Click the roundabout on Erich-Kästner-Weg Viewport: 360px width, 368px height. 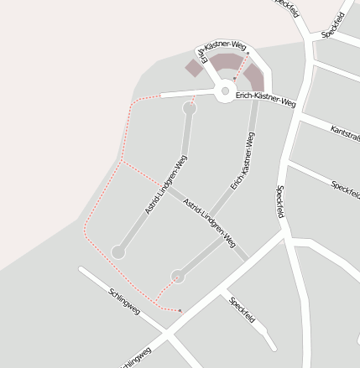click(x=225, y=92)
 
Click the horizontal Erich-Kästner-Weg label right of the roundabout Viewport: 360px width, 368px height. click(x=266, y=100)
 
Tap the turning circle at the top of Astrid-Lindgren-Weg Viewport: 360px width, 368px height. click(x=190, y=108)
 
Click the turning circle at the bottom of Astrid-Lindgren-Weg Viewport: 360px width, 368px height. click(x=118, y=251)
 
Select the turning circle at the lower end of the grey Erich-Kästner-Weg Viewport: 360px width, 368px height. click(x=177, y=276)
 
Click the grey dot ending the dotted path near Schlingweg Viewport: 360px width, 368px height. click(x=180, y=311)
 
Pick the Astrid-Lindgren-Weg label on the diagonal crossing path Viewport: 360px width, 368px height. click(x=209, y=222)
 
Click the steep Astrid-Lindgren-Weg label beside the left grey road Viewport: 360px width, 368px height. click(x=165, y=184)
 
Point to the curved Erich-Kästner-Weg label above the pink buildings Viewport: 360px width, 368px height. click(x=221, y=48)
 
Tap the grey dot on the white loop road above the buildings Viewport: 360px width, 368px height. click(x=248, y=53)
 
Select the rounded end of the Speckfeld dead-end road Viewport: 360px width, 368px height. click(x=270, y=345)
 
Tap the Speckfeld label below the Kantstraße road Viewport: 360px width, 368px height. click(x=345, y=184)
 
